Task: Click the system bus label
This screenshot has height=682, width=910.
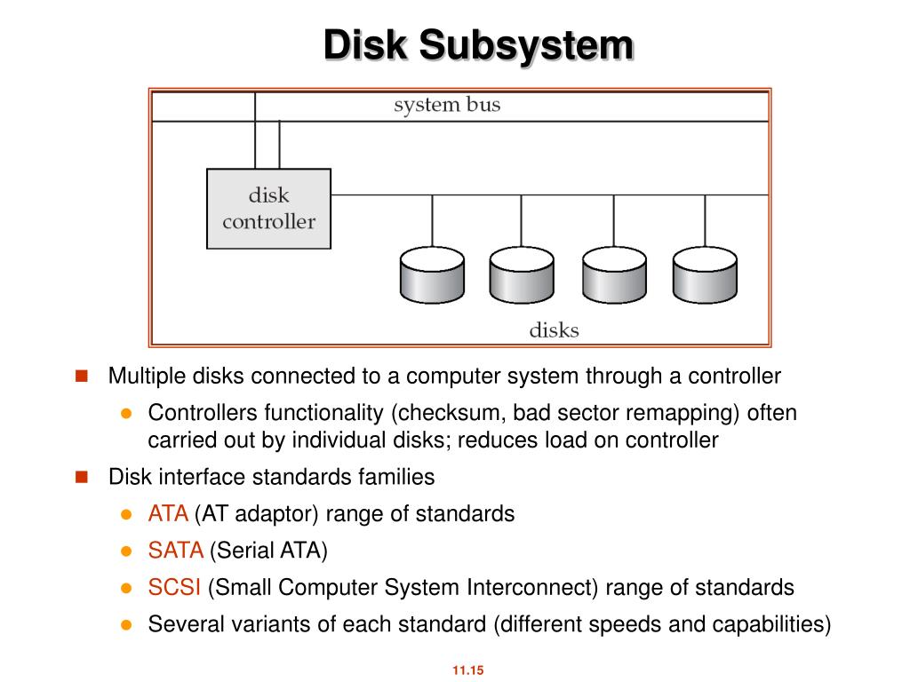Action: pos(447,105)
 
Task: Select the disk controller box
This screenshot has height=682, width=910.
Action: pos(268,209)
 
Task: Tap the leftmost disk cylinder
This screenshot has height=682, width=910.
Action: pos(432,274)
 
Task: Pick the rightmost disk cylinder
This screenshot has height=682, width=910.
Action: pos(705,274)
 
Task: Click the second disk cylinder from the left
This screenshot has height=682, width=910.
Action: pos(522,274)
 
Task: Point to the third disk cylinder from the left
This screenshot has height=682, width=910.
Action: pos(614,274)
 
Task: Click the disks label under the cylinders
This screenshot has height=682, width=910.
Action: pos(554,330)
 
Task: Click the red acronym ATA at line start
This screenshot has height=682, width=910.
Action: pos(168,514)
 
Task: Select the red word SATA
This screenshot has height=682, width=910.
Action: pos(176,551)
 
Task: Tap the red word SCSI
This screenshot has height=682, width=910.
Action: pos(174,588)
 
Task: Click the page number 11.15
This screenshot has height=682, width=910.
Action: pos(467,670)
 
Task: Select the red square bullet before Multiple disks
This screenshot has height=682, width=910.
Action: pos(82,376)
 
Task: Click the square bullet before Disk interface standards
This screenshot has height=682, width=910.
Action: pos(82,477)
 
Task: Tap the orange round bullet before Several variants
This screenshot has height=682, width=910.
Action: pos(126,624)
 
